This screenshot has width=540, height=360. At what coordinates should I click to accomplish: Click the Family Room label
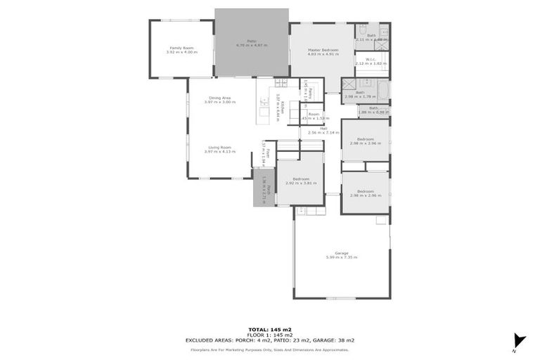click(181, 48)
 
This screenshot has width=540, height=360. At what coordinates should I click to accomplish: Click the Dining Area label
click(220, 98)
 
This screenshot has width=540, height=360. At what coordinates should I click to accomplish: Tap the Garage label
click(342, 252)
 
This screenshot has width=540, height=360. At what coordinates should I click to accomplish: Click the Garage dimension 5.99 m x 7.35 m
click(342, 257)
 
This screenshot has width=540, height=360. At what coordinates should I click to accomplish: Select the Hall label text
click(323, 128)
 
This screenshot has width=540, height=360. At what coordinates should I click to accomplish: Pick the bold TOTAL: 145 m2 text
click(270, 329)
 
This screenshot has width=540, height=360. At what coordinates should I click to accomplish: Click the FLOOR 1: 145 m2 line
click(270, 334)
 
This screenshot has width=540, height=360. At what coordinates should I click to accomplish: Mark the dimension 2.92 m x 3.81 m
click(301, 183)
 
